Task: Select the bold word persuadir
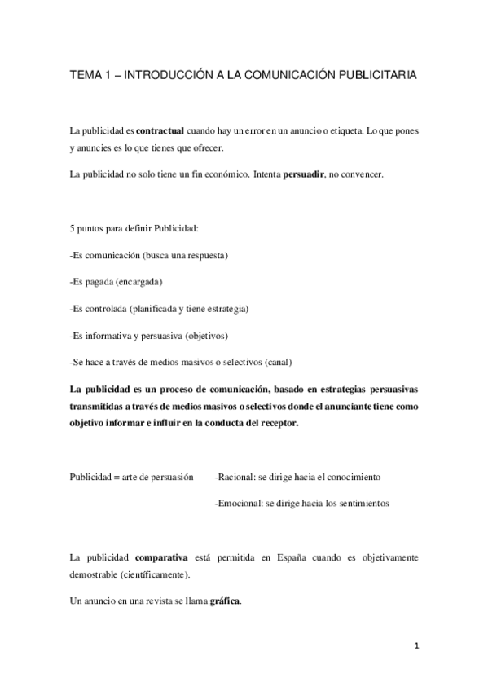(x=304, y=175)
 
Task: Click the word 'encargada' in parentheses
(x=139, y=282)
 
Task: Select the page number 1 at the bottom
(x=415, y=647)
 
